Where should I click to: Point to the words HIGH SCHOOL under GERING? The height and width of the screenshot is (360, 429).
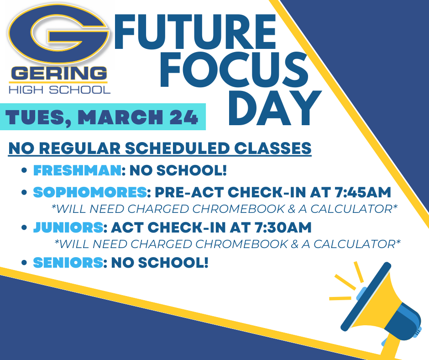pos(60,89)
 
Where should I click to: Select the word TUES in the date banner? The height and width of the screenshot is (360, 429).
pos(37,117)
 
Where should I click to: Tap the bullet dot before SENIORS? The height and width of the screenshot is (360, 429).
pos(25,263)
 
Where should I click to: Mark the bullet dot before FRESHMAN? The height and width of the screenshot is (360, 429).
pos(25,171)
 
